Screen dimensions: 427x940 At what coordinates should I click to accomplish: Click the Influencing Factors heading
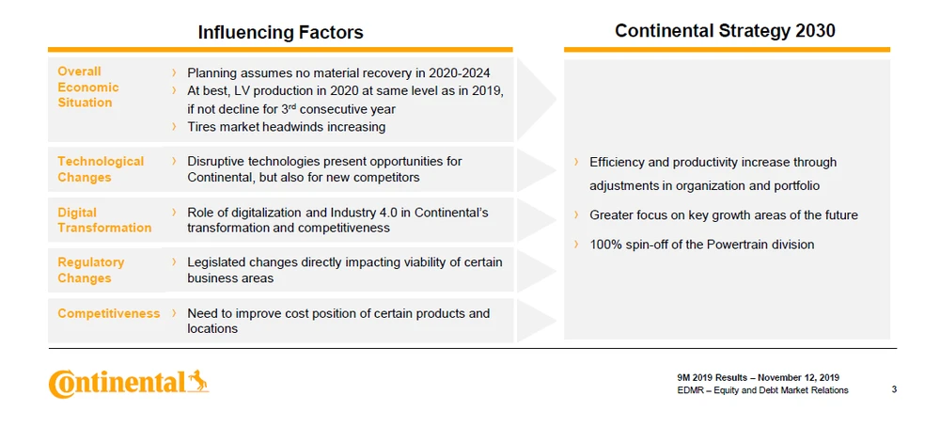[x=280, y=33]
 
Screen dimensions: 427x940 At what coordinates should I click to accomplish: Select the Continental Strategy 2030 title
[x=725, y=31]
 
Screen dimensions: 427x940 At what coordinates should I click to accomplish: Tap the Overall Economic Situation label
[x=88, y=87]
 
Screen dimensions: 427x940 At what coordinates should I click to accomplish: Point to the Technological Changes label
[x=101, y=169]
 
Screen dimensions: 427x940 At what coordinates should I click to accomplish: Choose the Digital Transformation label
[x=104, y=220]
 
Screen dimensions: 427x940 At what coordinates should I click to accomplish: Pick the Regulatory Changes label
[x=91, y=270]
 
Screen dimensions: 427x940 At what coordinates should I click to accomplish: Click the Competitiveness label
[x=108, y=313]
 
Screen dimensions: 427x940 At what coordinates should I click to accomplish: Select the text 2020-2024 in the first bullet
[x=458, y=72]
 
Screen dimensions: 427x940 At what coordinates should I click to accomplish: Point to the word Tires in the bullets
[x=203, y=127]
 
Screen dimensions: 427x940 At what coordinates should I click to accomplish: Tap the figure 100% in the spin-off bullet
[x=605, y=245]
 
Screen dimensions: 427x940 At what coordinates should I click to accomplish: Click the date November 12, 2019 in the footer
[x=796, y=378]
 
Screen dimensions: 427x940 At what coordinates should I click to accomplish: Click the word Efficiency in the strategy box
[x=617, y=163]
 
